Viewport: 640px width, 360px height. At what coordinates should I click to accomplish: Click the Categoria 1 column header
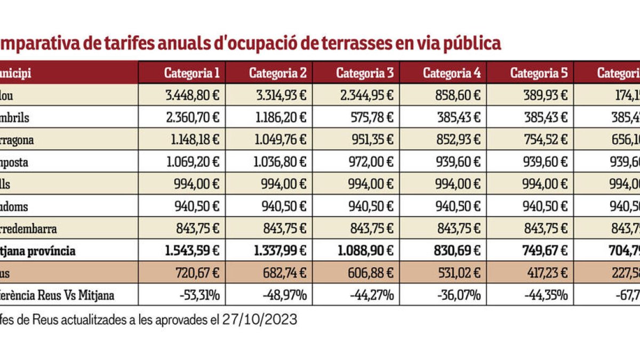pos(191,73)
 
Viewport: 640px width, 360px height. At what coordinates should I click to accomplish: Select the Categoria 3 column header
pos(365,73)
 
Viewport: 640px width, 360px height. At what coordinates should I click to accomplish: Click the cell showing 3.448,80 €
pos(191,95)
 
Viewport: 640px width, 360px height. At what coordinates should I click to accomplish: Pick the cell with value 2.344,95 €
pos(365,95)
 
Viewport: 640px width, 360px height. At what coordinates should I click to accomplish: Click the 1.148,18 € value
pos(191,140)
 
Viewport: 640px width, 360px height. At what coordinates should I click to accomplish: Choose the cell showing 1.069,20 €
pos(191,163)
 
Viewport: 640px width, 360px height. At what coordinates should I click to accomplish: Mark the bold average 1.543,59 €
pos(191,251)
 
